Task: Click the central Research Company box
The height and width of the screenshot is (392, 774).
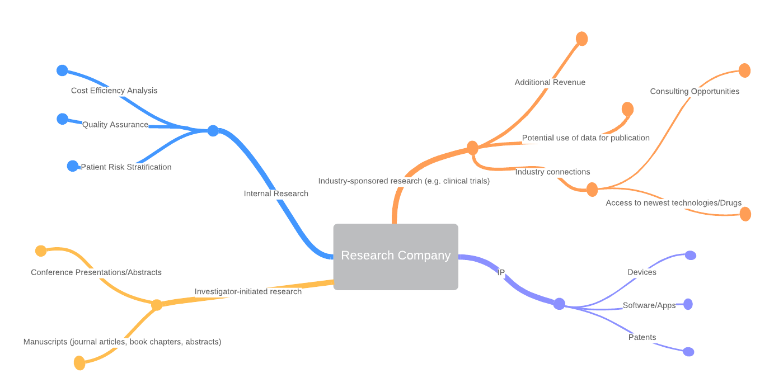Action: click(x=396, y=256)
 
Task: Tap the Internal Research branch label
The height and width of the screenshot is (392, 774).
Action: click(x=276, y=193)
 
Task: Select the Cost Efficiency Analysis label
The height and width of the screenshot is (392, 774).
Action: click(x=114, y=91)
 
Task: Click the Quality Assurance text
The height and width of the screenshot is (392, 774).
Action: click(x=115, y=125)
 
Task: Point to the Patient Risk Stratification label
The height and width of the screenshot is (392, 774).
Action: click(x=126, y=167)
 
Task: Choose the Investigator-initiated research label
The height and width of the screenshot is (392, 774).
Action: click(x=248, y=291)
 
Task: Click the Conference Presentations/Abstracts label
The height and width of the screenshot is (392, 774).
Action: click(x=96, y=272)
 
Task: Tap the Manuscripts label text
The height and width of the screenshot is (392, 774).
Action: click(x=122, y=342)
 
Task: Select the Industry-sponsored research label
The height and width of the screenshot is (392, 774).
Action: click(x=404, y=181)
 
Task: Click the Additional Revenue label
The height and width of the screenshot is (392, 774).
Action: click(x=550, y=83)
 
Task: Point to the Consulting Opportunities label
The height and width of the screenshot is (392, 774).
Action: click(x=695, y=91)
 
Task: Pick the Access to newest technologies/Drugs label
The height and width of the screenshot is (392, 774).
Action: click(x=673, y=203)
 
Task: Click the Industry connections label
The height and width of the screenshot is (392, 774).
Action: click(x=552, y=172)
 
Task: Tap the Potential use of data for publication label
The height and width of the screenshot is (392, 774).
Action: click(x=585, y=138)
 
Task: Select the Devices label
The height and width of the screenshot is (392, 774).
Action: click(x=641, y=272)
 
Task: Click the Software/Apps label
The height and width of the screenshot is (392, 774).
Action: click(x=649, y=305)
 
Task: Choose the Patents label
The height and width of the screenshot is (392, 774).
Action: click(x=642, y=337)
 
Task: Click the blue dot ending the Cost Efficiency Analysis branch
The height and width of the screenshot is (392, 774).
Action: click(x=62, y=70)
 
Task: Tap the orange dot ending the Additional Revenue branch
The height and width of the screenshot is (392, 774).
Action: click(x=581, y=39)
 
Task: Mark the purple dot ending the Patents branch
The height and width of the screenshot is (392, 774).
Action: click(x=688, y=352)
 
